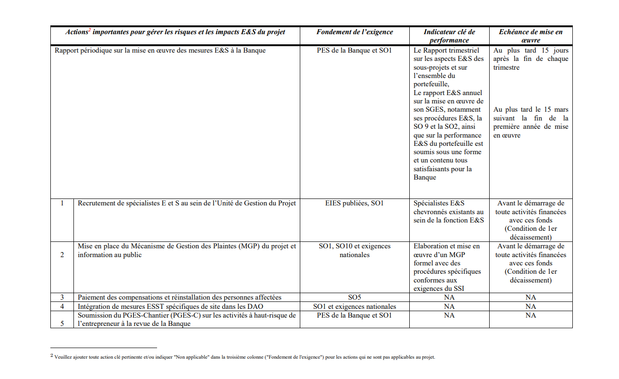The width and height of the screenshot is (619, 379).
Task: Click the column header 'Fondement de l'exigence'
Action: coord(354,32)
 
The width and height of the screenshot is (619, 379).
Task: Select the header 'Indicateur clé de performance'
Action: coord(449,36)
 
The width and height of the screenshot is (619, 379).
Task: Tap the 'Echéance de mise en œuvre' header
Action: coord(530,36)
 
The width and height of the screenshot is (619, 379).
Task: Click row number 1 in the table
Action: coord(62,203)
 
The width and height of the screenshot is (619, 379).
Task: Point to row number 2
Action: coord(62,255)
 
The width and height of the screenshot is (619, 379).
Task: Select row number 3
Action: coord(62,297)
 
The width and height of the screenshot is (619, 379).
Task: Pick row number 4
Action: coord(62,306)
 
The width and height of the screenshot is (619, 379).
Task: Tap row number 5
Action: coord(62,324)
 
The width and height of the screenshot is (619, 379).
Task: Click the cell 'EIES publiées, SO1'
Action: coord(354,203)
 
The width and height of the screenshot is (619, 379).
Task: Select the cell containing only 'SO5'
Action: coord(354,297)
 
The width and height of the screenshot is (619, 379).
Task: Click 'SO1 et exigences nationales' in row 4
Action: coord(354,306)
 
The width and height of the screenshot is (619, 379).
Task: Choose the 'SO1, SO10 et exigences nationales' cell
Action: coord(354,250)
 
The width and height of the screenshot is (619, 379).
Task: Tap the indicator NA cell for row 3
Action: coord(449,297)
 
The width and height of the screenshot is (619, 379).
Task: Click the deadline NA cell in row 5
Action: coord(530,315)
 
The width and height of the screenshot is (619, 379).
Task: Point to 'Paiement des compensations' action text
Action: coord(179,297)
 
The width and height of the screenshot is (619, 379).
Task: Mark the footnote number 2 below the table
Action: coord(52,355)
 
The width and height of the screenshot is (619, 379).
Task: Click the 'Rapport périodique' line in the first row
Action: coord(160,50)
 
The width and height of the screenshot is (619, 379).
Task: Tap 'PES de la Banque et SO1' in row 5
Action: coord(354,315)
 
